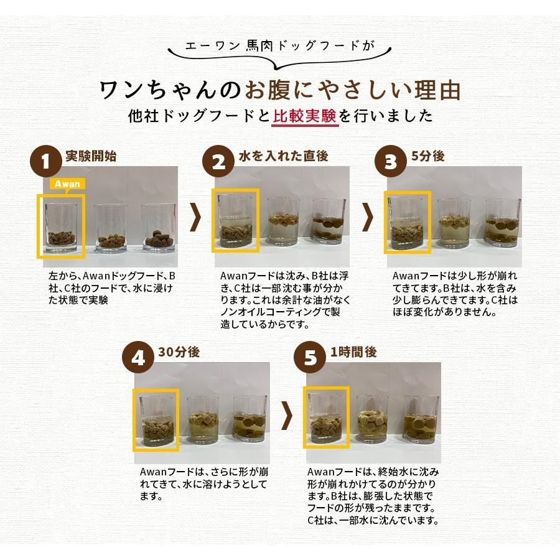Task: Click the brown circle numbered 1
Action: click(46, 162)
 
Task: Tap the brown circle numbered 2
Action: click(218, 162)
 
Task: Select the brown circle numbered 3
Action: click(390, 162)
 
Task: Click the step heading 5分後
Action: click(428, 156)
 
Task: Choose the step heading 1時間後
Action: click(353, 352)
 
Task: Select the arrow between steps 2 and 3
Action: click(368, 217)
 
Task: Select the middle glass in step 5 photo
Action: click(372, 419)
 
